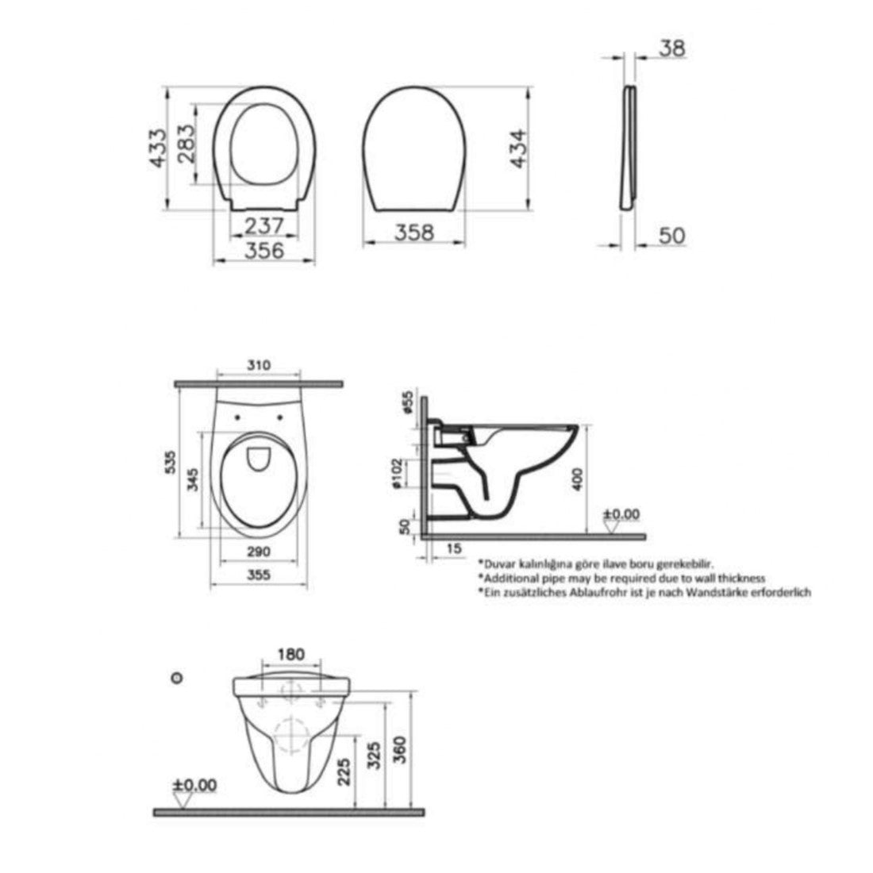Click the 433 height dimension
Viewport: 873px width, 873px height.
tap(158, 148)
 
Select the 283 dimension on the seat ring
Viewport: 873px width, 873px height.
tap(187, 144)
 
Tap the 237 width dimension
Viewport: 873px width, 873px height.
tap(264, 226)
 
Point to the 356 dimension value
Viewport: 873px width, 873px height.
tap(264, 250)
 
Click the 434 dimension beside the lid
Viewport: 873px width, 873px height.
tap(518, 148)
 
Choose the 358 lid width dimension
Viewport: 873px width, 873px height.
tap(414, 233)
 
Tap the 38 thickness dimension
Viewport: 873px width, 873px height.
tap(672, 48)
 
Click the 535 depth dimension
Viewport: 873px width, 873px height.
tap(171, 462)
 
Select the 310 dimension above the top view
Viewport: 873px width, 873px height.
tap(259, 365)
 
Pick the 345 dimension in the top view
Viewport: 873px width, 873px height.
tap(193, 479)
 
